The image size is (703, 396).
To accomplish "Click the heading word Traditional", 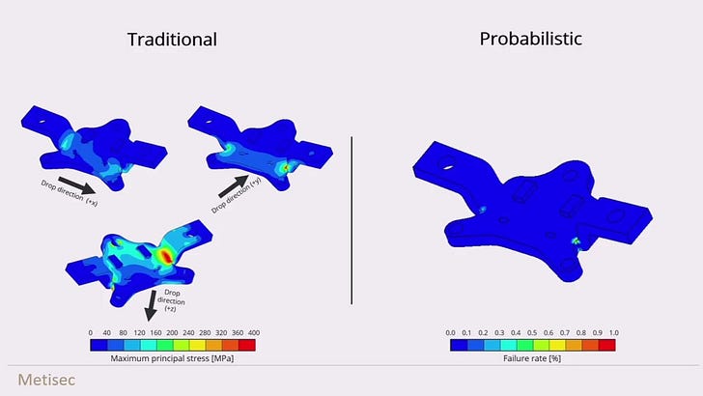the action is click(172, 40).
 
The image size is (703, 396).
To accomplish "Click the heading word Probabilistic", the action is click(531, 39).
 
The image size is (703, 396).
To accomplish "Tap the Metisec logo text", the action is click(46, 380).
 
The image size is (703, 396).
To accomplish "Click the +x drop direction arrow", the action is click(76, 185).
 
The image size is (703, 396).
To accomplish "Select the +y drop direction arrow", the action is click(234, 186).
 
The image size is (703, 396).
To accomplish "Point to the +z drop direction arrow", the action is click(151, 305).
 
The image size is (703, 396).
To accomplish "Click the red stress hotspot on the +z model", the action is click(166, 256).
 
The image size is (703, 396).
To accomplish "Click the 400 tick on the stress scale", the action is click(254, 333).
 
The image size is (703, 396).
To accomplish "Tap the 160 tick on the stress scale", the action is click(155, 333).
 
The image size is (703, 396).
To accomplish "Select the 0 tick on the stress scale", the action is click(91, 333).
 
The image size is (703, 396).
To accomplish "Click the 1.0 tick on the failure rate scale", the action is click(614, 333).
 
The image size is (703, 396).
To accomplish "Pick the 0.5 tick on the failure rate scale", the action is click(532, 333).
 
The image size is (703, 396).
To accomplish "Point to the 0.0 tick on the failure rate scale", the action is click(451, 333).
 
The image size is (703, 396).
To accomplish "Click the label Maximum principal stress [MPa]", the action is click(172, 358).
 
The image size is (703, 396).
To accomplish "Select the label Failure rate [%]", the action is click(532, 358).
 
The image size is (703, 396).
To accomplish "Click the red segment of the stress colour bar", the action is click(247, 345).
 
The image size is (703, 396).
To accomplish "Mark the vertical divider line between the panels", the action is click(351, 220).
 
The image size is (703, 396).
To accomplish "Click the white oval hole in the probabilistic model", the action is click(448, 168).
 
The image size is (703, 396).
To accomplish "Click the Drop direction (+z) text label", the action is click(171, 300).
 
